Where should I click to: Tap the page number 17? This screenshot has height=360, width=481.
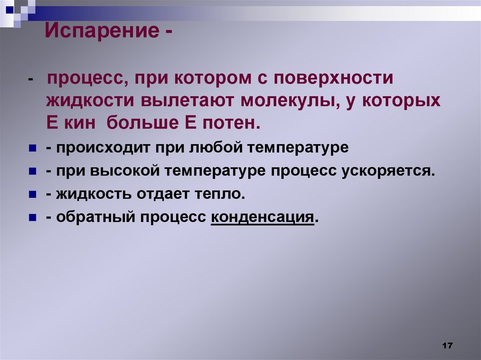(447, 346)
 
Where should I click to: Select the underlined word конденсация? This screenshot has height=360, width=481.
(262, 217)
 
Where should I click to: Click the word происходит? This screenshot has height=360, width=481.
(101, 148)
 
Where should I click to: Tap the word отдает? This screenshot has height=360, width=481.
(159, 194)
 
